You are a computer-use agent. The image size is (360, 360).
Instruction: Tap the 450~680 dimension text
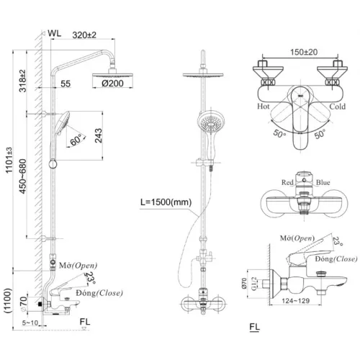tap(23, 188)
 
